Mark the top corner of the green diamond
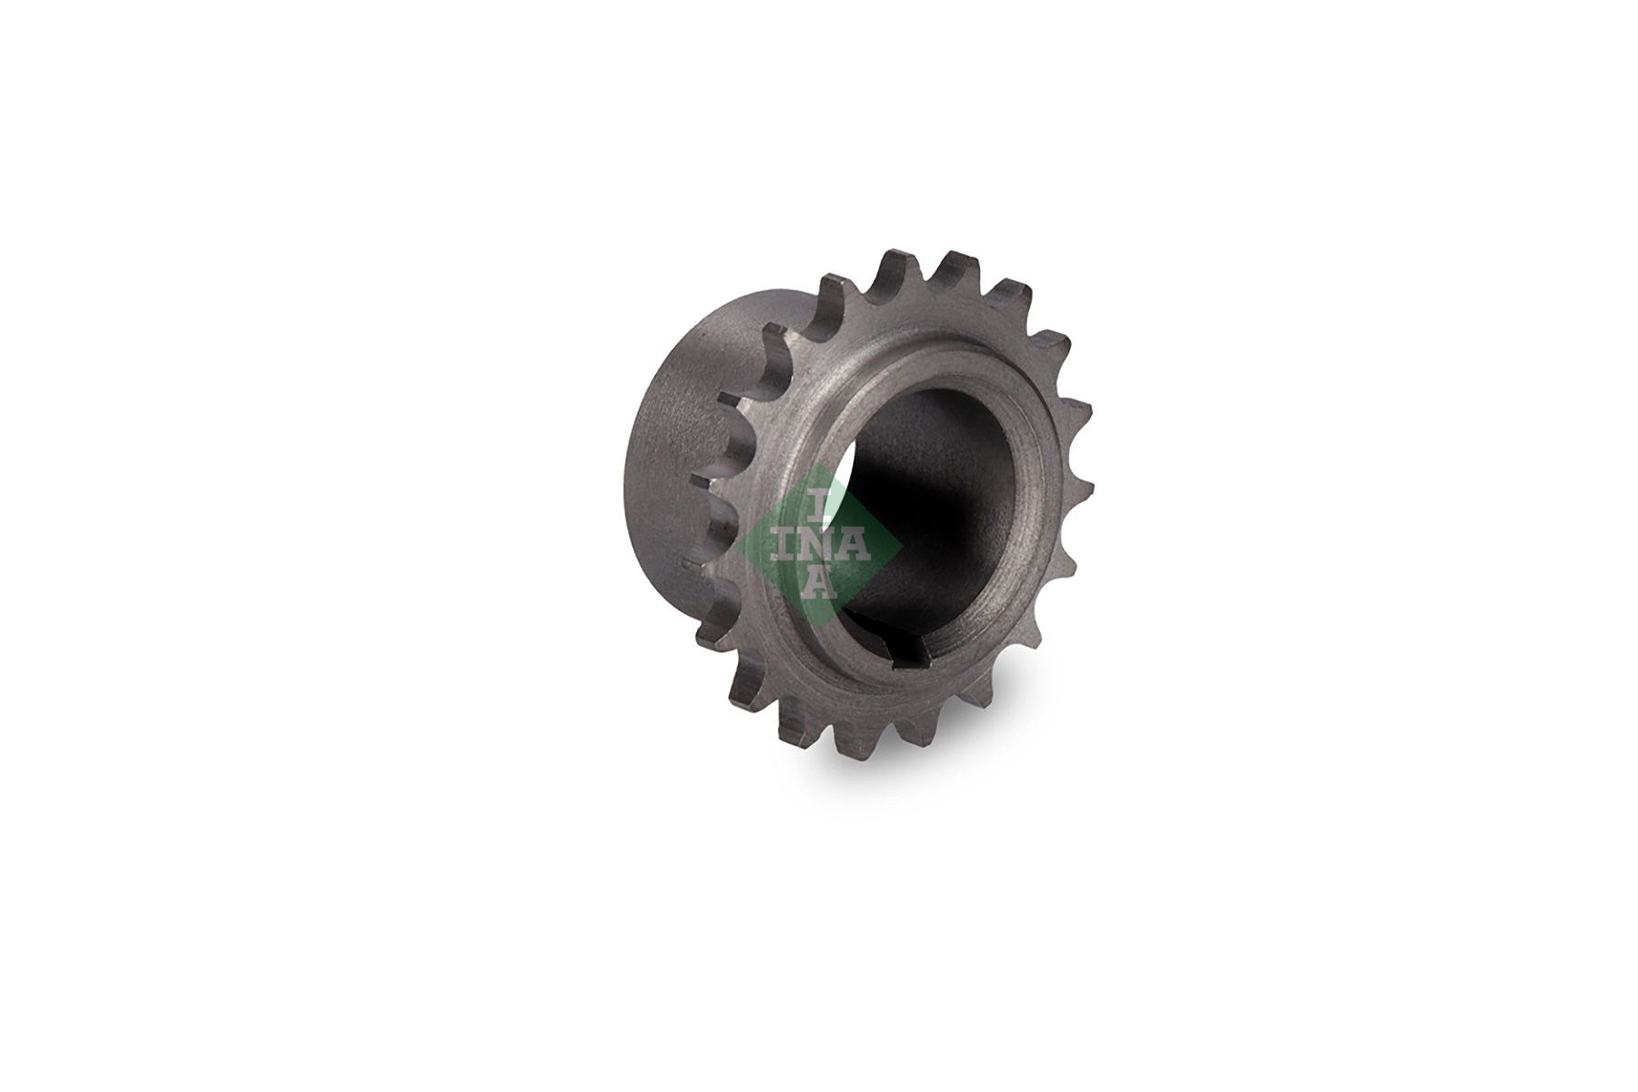click(x=822, y=465)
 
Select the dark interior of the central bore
click(x=919, y=510)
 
